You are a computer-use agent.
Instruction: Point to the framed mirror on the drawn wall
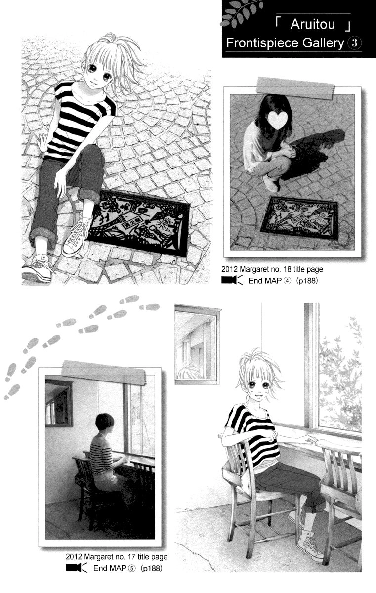[x=197, y=344]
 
